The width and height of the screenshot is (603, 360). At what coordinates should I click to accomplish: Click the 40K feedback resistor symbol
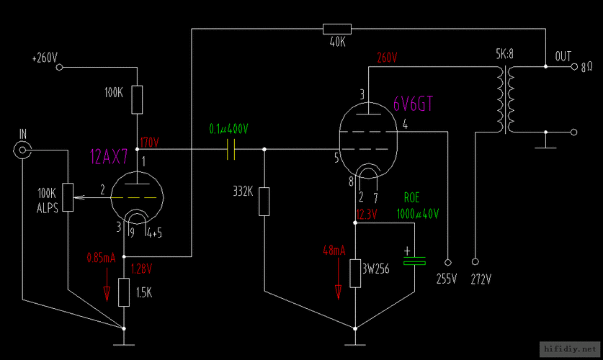337,29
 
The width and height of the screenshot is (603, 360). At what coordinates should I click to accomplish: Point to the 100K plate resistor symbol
137,99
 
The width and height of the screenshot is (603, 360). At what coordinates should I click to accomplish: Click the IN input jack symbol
24,150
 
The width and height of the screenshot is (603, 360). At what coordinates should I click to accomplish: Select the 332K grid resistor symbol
264,201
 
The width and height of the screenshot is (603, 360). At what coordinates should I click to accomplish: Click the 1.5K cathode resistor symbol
124,292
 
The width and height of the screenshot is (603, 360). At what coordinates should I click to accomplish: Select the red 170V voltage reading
149,141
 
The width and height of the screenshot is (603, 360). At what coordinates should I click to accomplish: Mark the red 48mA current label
334,251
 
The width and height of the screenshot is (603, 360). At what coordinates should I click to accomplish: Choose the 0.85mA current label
100,257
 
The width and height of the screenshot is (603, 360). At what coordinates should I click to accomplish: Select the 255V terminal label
447,278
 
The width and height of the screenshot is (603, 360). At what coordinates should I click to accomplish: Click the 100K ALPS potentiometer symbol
69,197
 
